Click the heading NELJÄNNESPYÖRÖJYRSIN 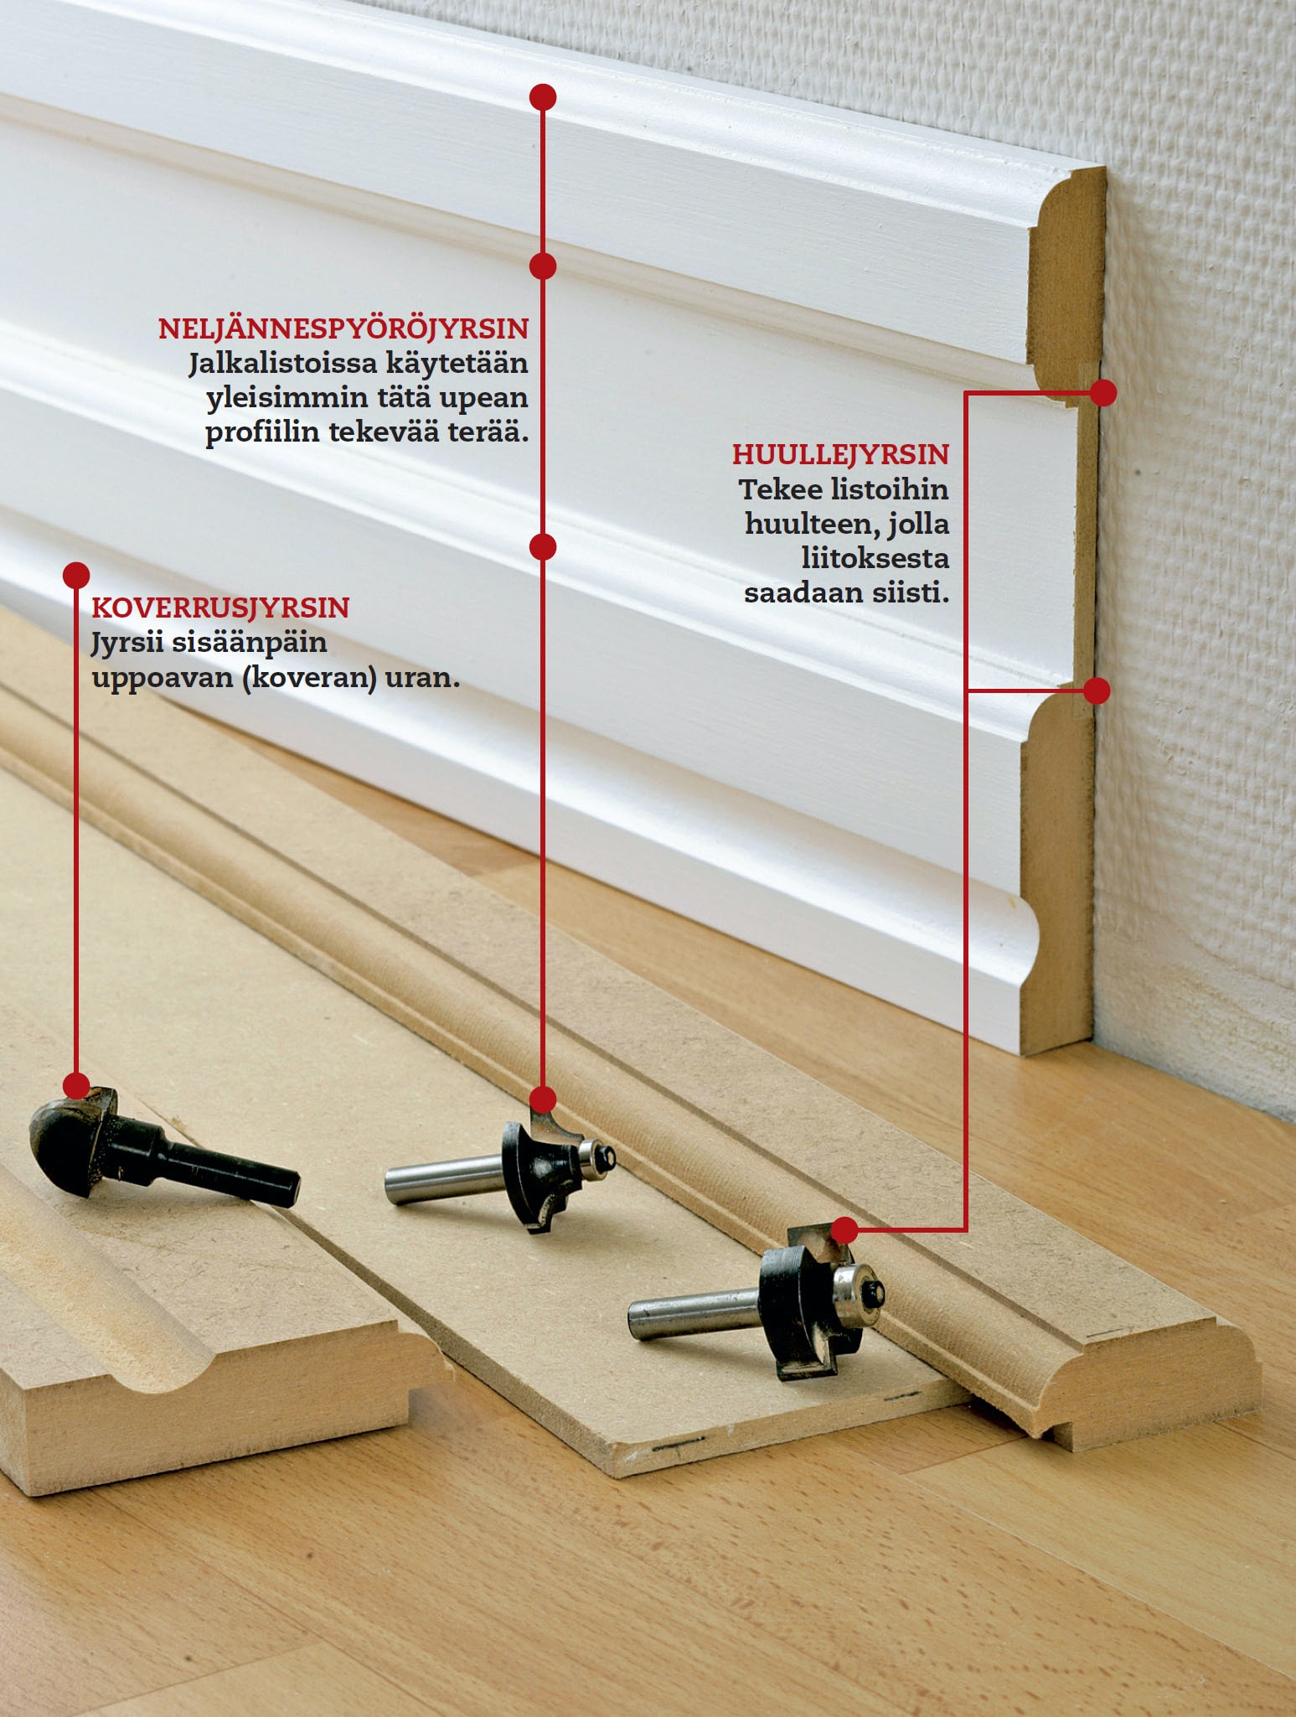point(343,328)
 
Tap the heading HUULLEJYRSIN point(840,454)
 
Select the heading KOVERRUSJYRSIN point(220,608)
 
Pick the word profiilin point(263,433)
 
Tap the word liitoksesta point(875,558)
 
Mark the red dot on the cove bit point(76,1086)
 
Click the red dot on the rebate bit point(845,1230)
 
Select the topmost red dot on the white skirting point(543,97)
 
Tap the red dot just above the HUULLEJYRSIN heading point(1103,392)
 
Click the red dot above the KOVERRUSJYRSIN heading point(76,575)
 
